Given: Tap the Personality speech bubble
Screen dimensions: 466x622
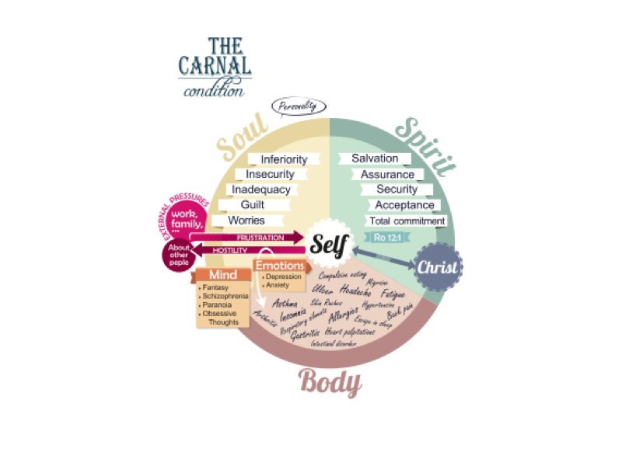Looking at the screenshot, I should pos(298,107).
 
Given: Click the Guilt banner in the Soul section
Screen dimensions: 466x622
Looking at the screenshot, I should pos(252,205).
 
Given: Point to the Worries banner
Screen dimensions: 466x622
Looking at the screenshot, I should pos(246,221).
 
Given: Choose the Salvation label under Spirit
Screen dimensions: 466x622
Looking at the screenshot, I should pos(375,158).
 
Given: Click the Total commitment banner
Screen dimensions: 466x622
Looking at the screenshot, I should pos(408,221).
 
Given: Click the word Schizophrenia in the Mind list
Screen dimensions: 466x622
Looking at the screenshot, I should pos(225,297).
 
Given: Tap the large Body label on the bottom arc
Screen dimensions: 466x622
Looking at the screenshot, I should pos(330,382).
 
